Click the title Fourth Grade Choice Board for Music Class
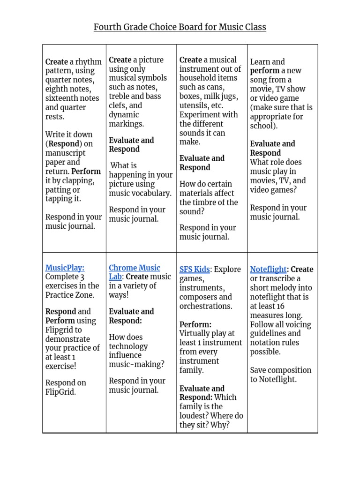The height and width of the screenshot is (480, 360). click(x=180, y=27)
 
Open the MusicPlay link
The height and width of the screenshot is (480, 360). click(x=65, y=268)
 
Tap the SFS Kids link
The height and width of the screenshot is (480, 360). click(x=195, y=269)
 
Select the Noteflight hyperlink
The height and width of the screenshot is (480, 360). click(x=268, y=269)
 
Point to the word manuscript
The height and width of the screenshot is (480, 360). click(x=65, y=153)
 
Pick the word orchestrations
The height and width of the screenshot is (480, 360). click(x=205, y=306)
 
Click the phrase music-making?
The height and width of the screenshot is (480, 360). click(x=136, y=364)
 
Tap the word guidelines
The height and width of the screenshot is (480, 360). click(x=268, y=333)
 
